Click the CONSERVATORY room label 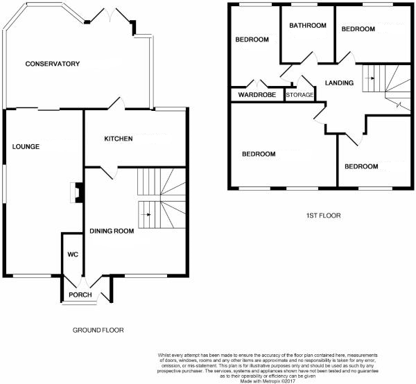[x=53, y=64]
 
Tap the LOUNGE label [x=26, y=147]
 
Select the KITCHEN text [x=118, y=139]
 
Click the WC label [x=73, y=254]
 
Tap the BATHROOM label [x=308, y=26]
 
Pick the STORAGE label [x=300, y=95]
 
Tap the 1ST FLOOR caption [x=323, y=216]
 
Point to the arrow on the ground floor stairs [x=146, y=215]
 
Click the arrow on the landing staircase [x=372, y=78]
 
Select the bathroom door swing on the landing [x=291, y=71]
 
